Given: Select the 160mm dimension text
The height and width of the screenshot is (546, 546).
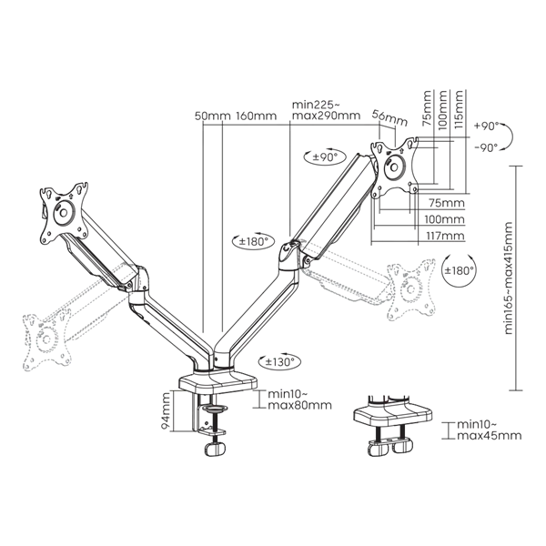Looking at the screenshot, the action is coord(257,116).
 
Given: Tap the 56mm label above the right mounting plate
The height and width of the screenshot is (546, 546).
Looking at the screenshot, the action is coord(389,118).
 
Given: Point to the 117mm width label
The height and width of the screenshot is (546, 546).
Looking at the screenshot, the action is coord(445,236).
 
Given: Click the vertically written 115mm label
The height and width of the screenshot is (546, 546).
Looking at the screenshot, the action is coord(459,109).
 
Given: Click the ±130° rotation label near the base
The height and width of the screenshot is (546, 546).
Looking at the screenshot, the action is coord(279,362).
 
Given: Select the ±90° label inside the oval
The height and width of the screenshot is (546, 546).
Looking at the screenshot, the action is coord(325,157).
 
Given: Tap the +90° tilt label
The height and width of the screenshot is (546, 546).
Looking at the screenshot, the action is coord(487,126).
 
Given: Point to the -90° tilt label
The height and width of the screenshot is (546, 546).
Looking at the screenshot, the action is coord(486,147).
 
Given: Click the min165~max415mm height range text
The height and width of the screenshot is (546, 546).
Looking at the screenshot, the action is coord(508,278).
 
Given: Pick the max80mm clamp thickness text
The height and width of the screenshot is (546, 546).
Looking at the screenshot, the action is coord(299,405).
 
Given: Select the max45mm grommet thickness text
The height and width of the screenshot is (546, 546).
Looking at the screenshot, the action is coord(490,435).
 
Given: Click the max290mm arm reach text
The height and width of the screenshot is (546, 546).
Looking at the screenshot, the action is coord(326,116).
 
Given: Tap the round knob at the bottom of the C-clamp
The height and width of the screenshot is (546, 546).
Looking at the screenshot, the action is coord(215,450).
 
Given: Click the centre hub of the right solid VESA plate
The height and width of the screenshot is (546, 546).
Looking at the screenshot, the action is coord(394,167).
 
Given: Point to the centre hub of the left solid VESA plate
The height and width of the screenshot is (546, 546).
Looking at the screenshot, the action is coord(63,212).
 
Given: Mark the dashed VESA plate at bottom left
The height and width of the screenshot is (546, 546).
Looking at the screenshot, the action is coord(47,343).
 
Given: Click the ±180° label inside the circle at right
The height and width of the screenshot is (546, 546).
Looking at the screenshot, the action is coord(460,270).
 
